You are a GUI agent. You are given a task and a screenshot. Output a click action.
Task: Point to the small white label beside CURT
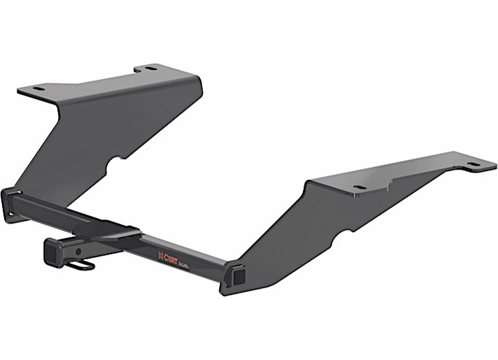point(183,261)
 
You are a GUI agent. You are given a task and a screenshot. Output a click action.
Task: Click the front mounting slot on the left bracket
point(37,89)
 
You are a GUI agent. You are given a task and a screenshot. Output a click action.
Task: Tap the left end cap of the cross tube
point(10,205)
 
